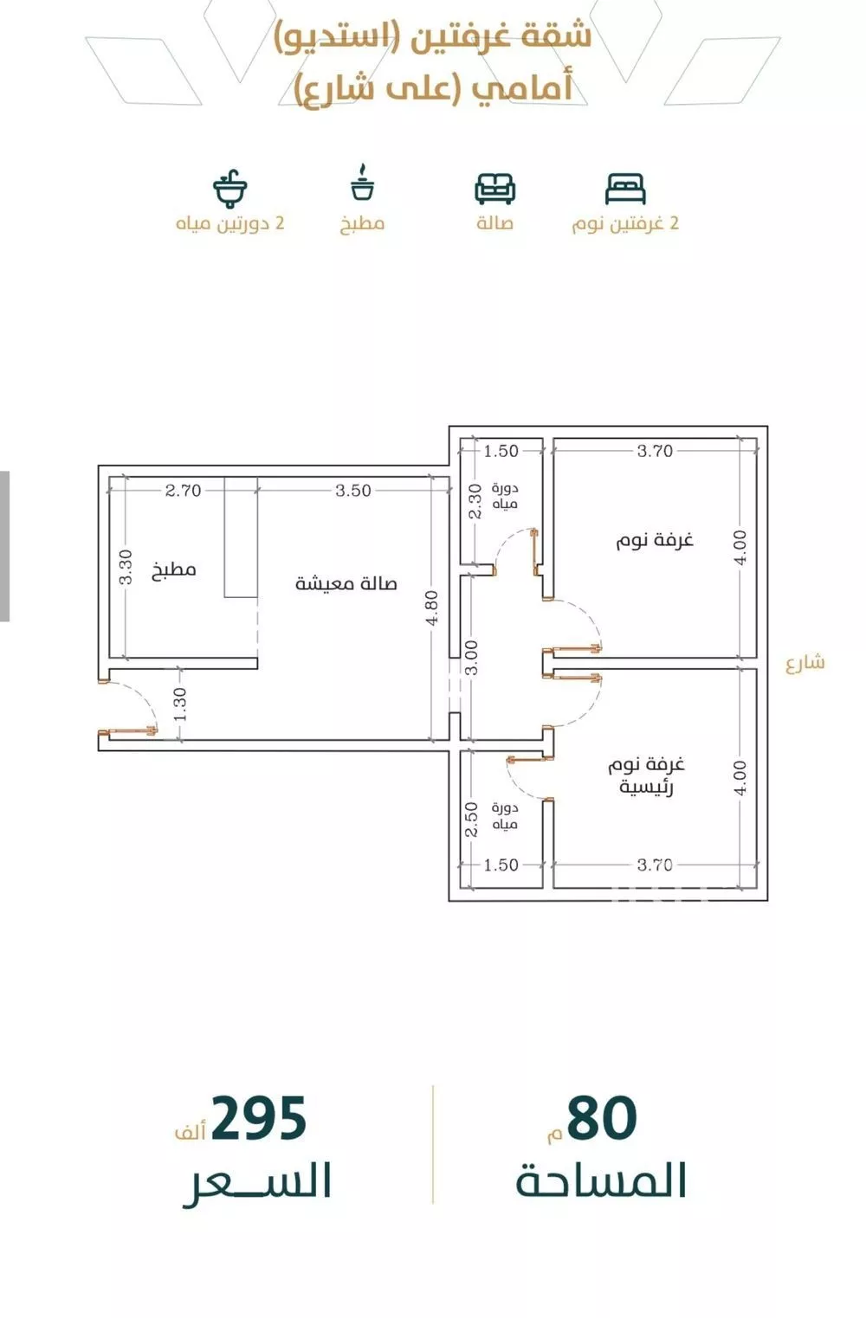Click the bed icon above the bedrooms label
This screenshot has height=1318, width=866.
(x=625, y=189)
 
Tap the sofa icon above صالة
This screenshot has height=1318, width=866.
(x=495, y=189)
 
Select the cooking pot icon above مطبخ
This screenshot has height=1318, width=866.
(x=362, y=183)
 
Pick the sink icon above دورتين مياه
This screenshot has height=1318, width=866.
(x=230, y=189)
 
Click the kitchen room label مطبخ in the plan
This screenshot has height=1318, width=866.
(x=174, y=569)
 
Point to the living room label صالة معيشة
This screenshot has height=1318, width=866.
(x=346, y=583)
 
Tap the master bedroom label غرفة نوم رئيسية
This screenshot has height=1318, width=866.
(x=646, y=775)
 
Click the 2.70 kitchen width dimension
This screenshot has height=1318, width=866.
(x=183, y=490)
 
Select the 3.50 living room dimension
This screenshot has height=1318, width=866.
(x=353, y=490)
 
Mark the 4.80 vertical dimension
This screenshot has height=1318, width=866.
(x=432, y=608)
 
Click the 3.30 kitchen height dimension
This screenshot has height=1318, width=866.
(x=126, y=567)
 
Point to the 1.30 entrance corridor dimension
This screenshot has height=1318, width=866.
(x=180, y=704)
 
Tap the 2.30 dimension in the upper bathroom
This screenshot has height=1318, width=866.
(x=475, y=502)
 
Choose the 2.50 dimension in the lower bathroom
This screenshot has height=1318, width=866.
(x=471, y=820)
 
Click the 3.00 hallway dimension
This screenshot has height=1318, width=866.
(x=472, y=658)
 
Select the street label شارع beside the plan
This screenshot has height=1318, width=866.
(x=805, y=663)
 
